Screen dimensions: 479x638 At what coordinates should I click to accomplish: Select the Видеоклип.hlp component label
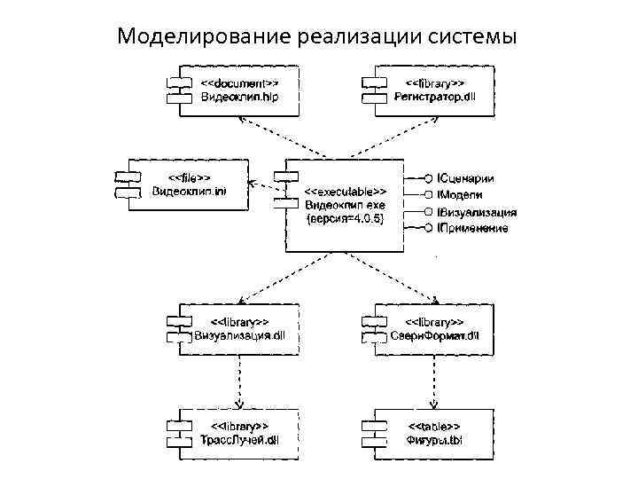tap(239, 97)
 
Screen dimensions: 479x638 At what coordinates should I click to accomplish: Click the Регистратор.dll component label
tap(434, 97)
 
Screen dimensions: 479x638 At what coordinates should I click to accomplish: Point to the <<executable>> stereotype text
tap(345, 191)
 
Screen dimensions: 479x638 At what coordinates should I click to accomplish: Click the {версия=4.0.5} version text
tap(345, 218)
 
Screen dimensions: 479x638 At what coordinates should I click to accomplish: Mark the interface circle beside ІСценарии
tap(429, 179)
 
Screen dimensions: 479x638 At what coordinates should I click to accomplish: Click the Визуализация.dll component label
tap(239, 334)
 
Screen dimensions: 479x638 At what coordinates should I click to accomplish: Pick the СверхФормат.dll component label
tap(434, 334)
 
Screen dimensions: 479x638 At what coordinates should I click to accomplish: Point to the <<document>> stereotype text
tap(239, 83)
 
